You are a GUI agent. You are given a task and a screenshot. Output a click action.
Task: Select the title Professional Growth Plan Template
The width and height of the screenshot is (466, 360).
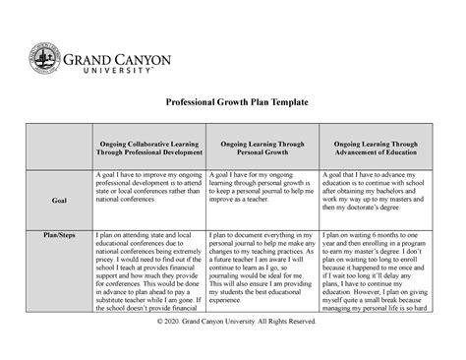(x=232, y=101)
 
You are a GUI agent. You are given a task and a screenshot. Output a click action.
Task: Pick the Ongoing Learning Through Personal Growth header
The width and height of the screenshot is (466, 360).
(x=262, y=149)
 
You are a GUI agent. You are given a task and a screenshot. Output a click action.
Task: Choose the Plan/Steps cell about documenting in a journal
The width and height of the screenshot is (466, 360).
(x=261, y=270)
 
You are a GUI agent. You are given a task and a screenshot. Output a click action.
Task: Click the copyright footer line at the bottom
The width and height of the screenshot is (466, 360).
(x=232, y=346)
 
